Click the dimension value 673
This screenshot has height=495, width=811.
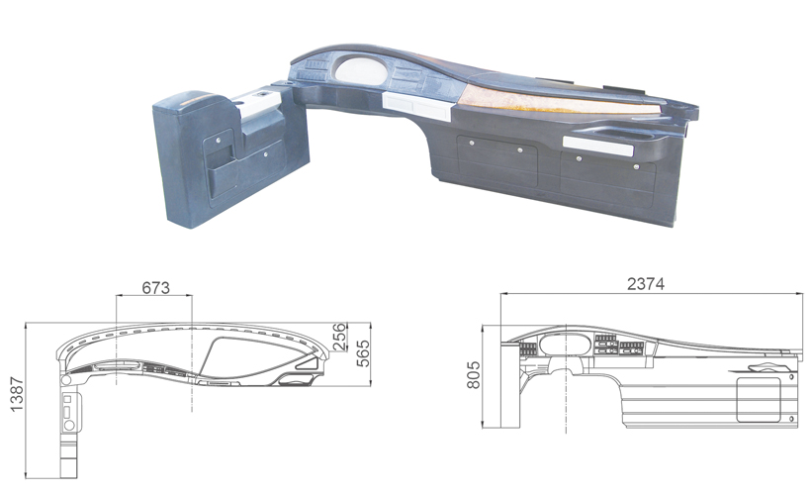[155, 287]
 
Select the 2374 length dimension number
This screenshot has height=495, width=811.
[646, 284]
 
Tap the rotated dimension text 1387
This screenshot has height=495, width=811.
[17, 394]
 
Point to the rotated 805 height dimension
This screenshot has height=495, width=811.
[474, 375]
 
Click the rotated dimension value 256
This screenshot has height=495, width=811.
[338, 337]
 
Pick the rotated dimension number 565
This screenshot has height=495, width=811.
[364, 353]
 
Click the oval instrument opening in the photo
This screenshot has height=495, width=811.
[361, 70]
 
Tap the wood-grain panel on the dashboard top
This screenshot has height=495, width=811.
[559, 102]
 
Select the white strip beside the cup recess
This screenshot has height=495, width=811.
[598, 146]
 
